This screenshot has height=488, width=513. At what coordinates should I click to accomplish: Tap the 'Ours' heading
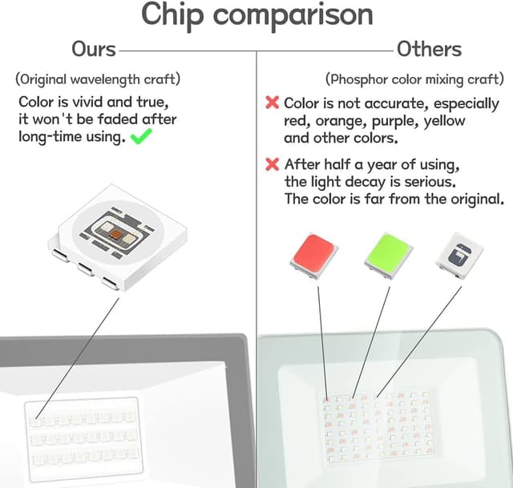pos(94,50)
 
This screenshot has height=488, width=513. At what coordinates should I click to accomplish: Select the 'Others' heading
pos(429,50)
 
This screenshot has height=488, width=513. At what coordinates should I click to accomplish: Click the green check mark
pos(141,136)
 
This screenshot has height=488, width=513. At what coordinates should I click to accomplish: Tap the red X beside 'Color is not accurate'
pos(273,103)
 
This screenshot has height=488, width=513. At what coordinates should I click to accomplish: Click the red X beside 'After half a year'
pos(273,164)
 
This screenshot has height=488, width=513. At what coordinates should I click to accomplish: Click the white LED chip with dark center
pos(459,256)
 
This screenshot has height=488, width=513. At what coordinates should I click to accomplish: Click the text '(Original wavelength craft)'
pos(98,79)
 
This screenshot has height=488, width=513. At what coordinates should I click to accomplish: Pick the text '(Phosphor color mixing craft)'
pos(414,79)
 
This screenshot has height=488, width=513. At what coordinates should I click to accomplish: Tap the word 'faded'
pos(118,119)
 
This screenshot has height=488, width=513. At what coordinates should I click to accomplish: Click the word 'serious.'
pos(430,182)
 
